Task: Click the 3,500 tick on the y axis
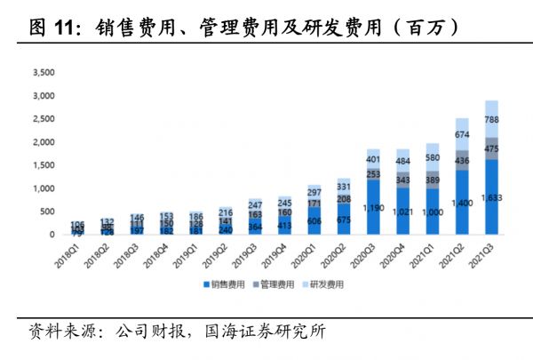point(43,72)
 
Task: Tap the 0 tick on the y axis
point(52,235)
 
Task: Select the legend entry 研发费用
point(324,284)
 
